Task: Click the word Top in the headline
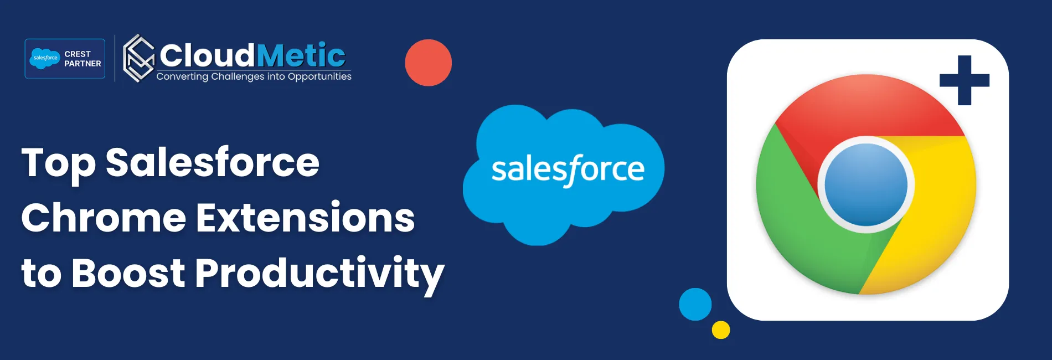click(x=58, y=163)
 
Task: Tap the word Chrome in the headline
click(x=104, y=218)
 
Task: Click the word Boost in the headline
click(x=128, y=272)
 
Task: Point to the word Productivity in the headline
click(x=319, y=274)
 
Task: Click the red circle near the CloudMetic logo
click(x=428, y=63)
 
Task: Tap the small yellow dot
click(x=720, y=330)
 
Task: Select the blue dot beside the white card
click(x=695, y=304)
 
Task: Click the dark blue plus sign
click(x=964, y=80)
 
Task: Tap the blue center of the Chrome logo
click(x=866, y=184)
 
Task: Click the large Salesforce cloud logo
click(x=565, y=172)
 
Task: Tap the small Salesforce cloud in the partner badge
click(x=45, y=58)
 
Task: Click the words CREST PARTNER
click(x=82, y=59)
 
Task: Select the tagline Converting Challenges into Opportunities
click(x=254, y=76)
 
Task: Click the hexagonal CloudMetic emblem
click(x=138, y=58)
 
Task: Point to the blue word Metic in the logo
click(x=301, y=55)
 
